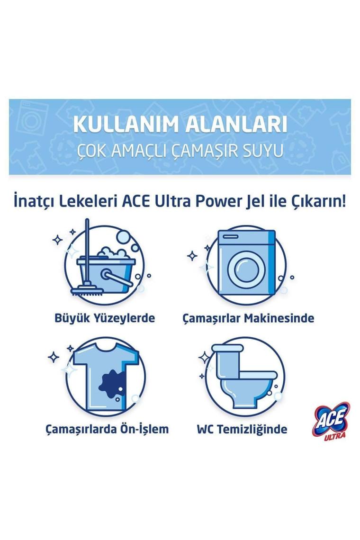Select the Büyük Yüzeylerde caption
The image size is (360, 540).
(105, 318)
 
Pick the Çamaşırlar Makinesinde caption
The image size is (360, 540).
(248, 318)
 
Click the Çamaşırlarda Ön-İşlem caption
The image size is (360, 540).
(107, 429)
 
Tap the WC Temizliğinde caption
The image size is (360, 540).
(242, 429)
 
